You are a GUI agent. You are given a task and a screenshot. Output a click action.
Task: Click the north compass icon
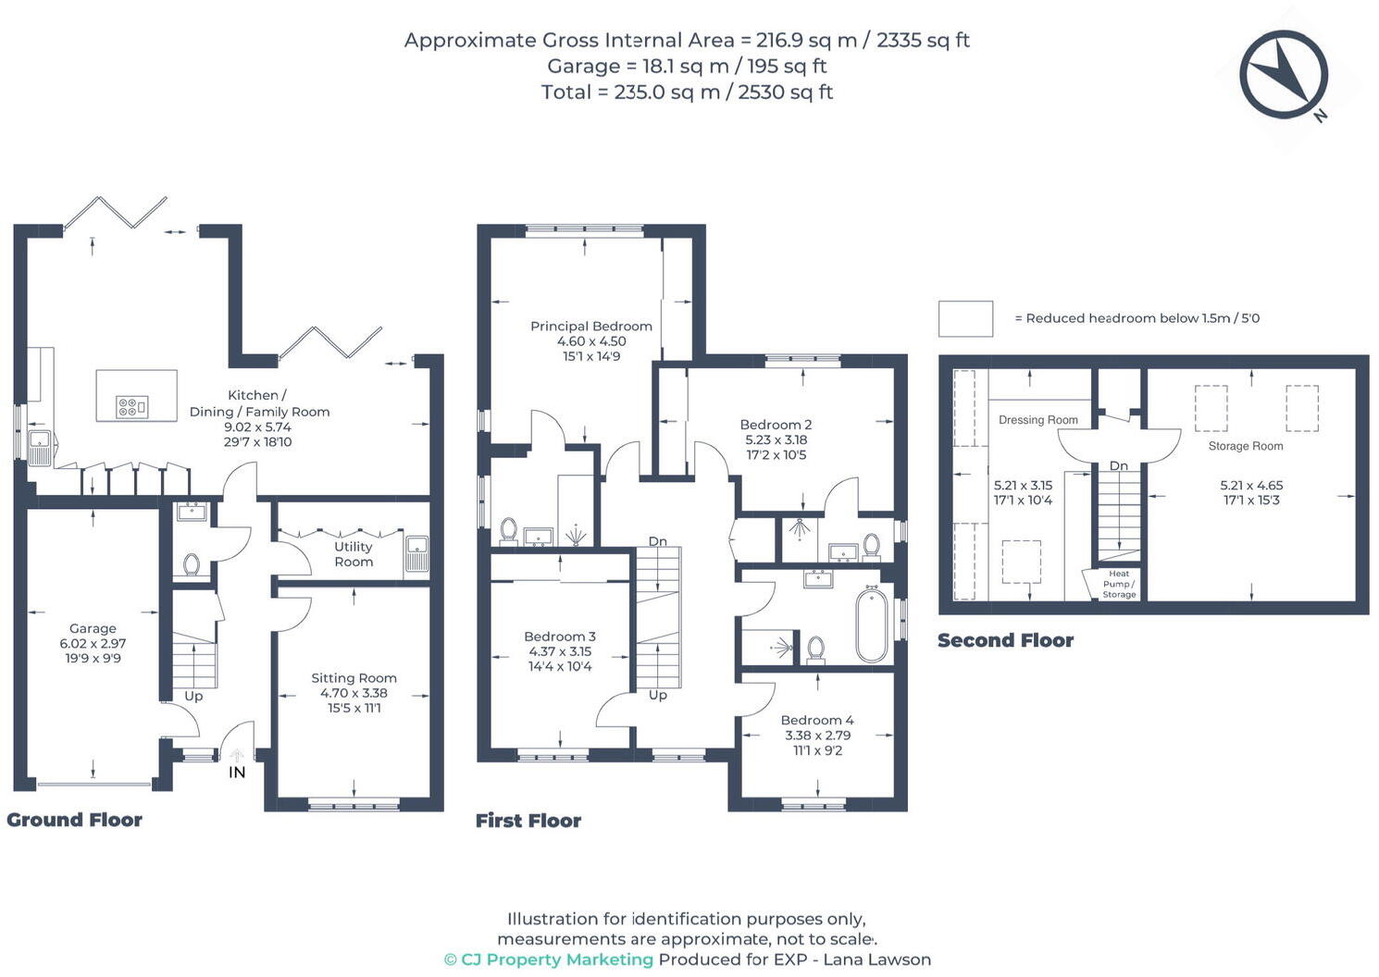pyautogui.click(x=1284, y=75)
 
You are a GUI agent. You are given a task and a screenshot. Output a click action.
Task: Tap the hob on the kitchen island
pyautogui.click(x=131, y=406)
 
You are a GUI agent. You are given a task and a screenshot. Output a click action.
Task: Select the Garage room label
pyautogui.click(x=93, y=628)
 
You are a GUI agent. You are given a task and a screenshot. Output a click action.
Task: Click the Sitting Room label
pyautogui.click(x=354, y=678)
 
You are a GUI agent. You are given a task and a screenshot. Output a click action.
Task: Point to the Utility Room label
pyautogui.click(x=354, y=554)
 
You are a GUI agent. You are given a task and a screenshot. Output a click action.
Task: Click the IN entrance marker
pyautogui.click(x=237, y=772)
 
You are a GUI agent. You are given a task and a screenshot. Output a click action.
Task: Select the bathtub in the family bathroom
pyautogui.click(x=871, y=626)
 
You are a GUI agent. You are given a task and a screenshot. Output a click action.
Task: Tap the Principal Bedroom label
pyautogui.click(x=590, y=326)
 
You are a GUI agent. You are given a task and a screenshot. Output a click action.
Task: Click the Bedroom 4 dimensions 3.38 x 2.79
pyautogui.click(x=817, y=736)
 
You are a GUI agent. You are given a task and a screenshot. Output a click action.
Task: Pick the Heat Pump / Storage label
pyautogui.click(x=1119, y=584)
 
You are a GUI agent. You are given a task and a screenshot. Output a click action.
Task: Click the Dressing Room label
pyautogui.click(x=1037, y=420)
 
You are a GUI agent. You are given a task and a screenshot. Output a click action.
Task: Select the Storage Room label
pyautogui.click(x=1245, y=446)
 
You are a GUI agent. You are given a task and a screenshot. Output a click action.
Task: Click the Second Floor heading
pyautogui.click(x=1005, y=640)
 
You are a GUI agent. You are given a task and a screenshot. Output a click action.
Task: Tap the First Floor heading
pyautogui.click(x=528, y=821)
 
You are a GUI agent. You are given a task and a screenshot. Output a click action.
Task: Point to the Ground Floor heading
pyautogui.click(x=74, y=820)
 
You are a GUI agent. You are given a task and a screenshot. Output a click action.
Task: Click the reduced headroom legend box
pyautogui.click(x=965, y=318)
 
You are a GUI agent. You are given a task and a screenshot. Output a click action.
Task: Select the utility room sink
pyautogui.click(x=416, y=554)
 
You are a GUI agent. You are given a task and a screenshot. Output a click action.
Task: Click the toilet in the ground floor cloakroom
pyautogui.click(x=192, y=563)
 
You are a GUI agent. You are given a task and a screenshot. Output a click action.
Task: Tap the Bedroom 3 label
pyautogui.click(x=559, y=637)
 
